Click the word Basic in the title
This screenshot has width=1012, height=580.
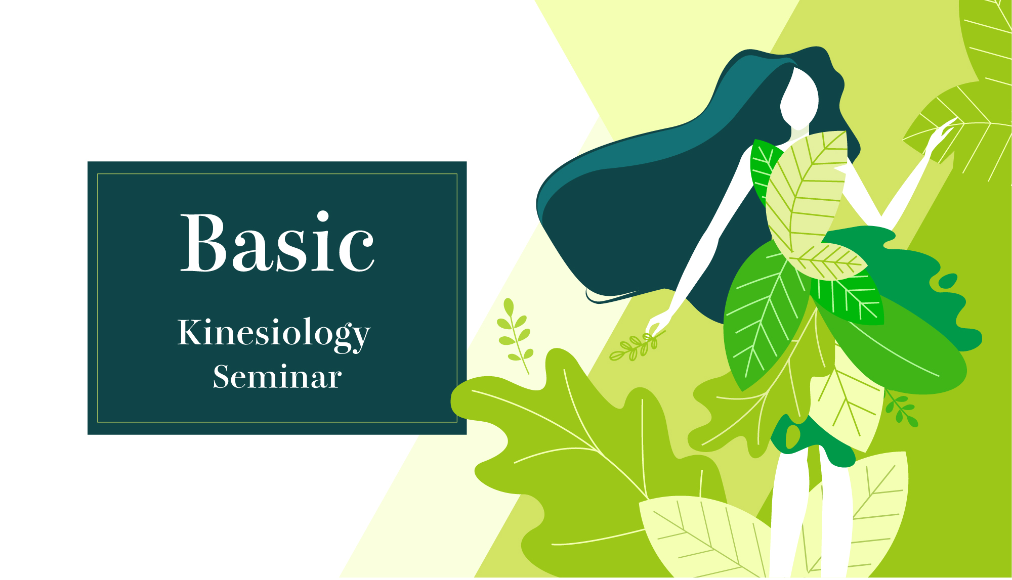277,243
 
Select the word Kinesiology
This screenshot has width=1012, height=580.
274,334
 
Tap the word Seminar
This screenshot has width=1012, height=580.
277,377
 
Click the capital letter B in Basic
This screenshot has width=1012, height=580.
203,243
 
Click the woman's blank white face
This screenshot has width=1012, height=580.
799,97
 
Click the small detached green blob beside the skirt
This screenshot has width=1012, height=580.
948,281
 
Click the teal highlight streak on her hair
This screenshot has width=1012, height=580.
658,142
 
